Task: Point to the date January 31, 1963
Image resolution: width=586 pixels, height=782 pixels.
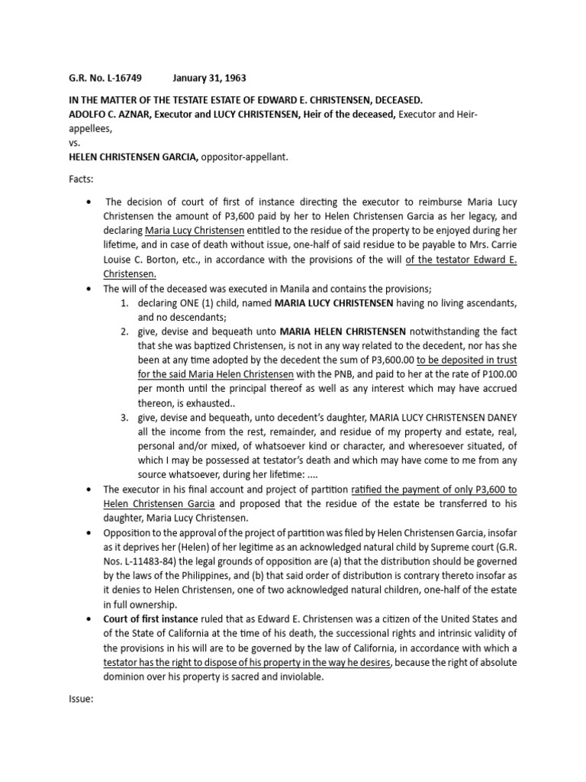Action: [209, 79]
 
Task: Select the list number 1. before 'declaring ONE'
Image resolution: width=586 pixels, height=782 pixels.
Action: [125, 304]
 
